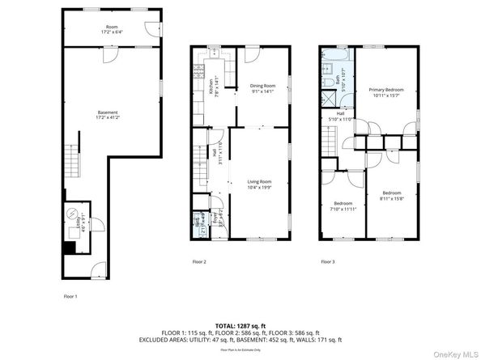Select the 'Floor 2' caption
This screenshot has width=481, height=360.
199,261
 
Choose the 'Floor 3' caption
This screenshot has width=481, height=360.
327,261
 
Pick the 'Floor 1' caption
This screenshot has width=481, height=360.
71,297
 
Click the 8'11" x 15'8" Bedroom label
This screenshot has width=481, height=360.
392,195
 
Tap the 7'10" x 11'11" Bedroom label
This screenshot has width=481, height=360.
343,205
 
